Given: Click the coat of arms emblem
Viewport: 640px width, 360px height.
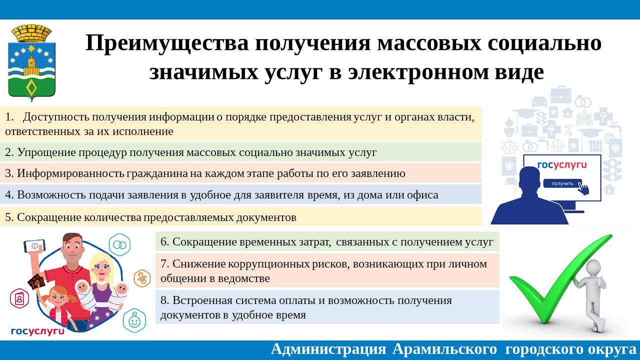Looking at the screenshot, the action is coord(31,63).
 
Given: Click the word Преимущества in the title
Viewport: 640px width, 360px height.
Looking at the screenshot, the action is coord(167,43).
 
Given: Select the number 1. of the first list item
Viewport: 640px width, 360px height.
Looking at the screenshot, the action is coord(9,117).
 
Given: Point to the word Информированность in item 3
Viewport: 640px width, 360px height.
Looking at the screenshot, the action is coord(70,173).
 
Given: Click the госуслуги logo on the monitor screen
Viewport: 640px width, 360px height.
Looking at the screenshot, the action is coord(562,165).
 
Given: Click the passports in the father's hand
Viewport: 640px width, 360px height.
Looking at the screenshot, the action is coord(36,281).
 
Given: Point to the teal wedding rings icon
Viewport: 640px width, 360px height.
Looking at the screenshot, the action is coord(119,244).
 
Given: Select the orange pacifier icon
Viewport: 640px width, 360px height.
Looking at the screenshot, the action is coord(142,278).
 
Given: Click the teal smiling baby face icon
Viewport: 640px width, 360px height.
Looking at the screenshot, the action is coord(134,320).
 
